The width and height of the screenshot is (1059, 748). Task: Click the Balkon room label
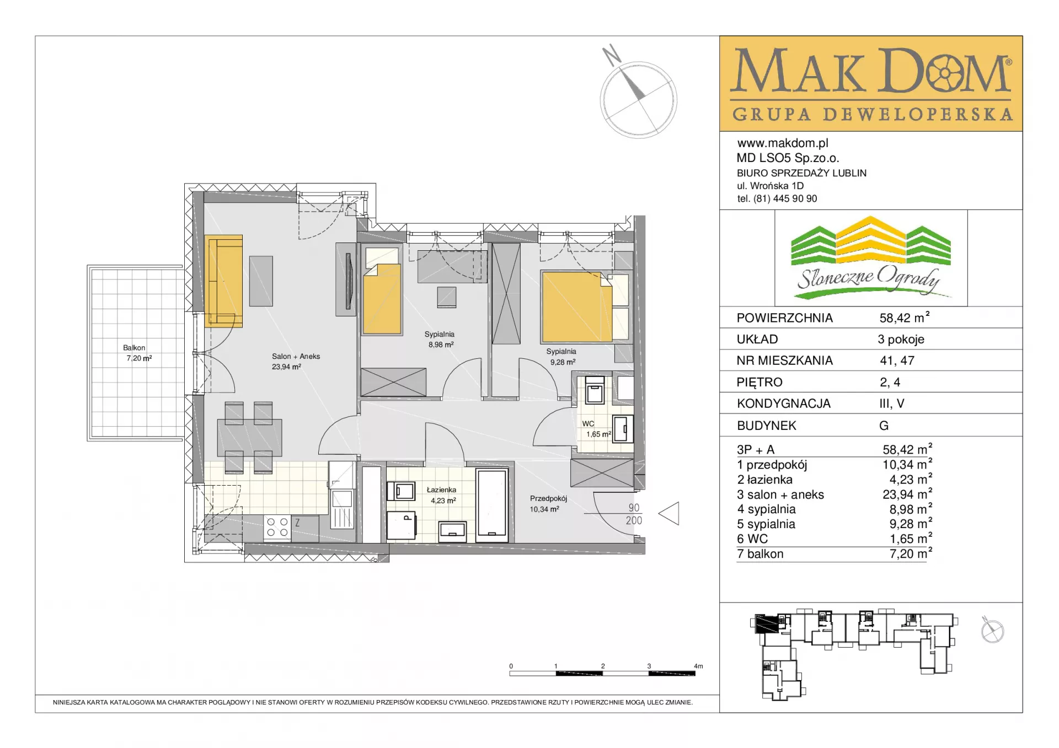point(134,348)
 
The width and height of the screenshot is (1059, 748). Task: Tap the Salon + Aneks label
point(296,357)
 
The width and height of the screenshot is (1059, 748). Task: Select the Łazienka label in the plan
point(441,489)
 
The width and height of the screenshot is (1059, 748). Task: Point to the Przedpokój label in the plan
point(548,498)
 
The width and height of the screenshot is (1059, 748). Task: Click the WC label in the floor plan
point(588,424)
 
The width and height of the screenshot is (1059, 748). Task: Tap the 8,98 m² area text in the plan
point(441,345)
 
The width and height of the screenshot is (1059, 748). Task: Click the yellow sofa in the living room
point(223,281)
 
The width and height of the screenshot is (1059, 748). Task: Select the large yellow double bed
point(577,306)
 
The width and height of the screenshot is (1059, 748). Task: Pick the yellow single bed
point(382,298)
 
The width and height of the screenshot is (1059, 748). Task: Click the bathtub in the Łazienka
point(492,502)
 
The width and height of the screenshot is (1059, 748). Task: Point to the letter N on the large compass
point(611,55)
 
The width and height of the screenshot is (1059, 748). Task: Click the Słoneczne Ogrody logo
point(871,257)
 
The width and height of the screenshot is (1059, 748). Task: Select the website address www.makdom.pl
point(783,143)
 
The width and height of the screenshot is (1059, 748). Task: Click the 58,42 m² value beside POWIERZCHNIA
point(905,318)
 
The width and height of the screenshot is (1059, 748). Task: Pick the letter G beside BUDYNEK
point(884,426)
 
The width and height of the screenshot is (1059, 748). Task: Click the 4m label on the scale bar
point(698,666)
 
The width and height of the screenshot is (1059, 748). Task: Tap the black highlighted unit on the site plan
point(766,623)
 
